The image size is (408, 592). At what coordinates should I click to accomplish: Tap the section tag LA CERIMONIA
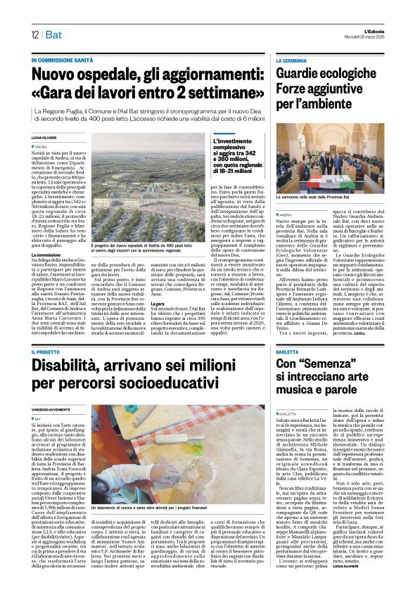click(x=292, y=61)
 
